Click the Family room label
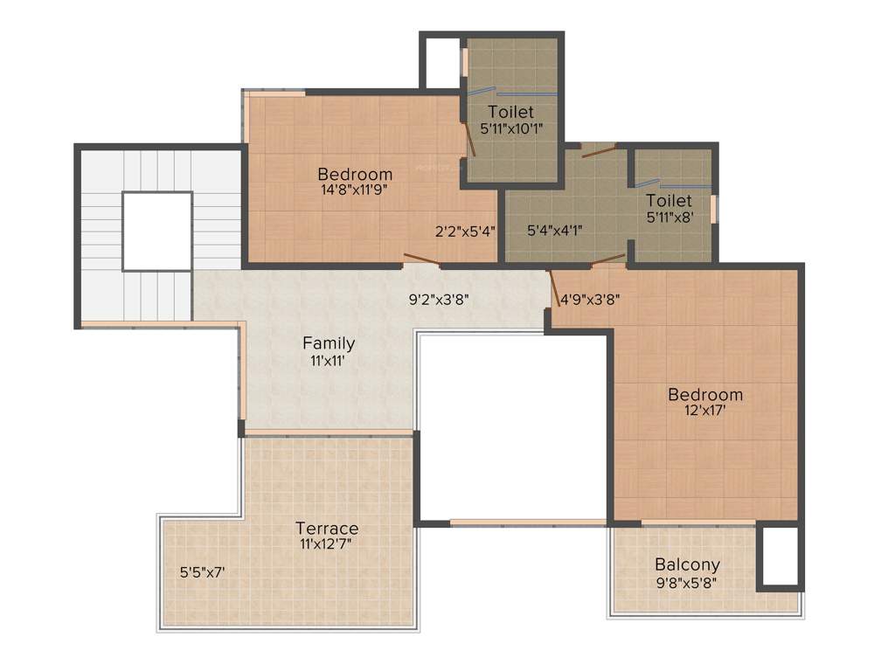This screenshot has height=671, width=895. click(x=329, y=343)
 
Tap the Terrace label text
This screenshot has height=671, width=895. click(x=327, y=529)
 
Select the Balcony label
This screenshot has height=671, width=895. click(x=687, y=564)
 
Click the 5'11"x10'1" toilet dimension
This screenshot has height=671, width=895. click(x=511, y=128)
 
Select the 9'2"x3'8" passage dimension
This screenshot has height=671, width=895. click(x=440, y=298)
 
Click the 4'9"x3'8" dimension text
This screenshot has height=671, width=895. click(x=590, y=298)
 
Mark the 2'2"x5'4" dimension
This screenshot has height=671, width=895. click(x=465, y=232)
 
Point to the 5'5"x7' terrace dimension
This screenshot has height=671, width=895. click(x=203, y=573)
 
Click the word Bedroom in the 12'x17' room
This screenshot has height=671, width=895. click(x=704, y=394)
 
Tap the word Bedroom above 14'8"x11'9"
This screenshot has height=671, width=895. click(x=355, y=174)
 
